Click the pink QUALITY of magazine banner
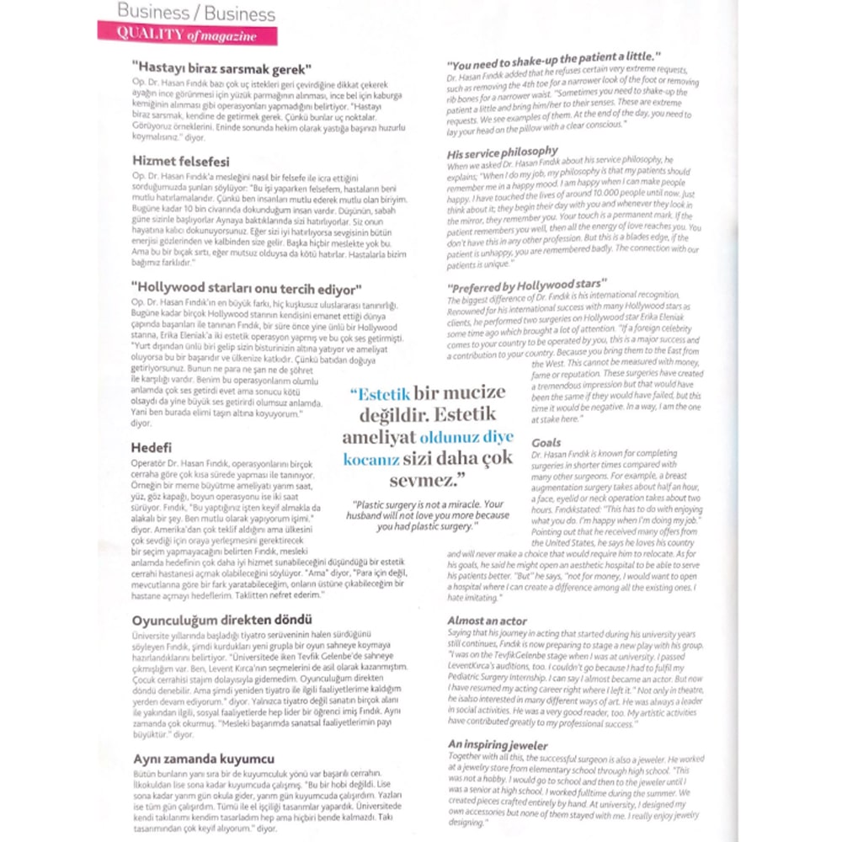[x=187, y=34]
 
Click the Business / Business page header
[x=196, y=13]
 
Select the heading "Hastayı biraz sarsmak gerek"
[x=222, y=68]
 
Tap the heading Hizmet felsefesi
[x=180, y=160]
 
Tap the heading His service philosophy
[x=502, y=152]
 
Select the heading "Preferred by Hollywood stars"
[x=527, y=285]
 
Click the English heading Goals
[x=546, y=442]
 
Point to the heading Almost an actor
[x=488, y=621]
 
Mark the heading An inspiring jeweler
[x=498, y=745]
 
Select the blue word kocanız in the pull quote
[x=370, y=460]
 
